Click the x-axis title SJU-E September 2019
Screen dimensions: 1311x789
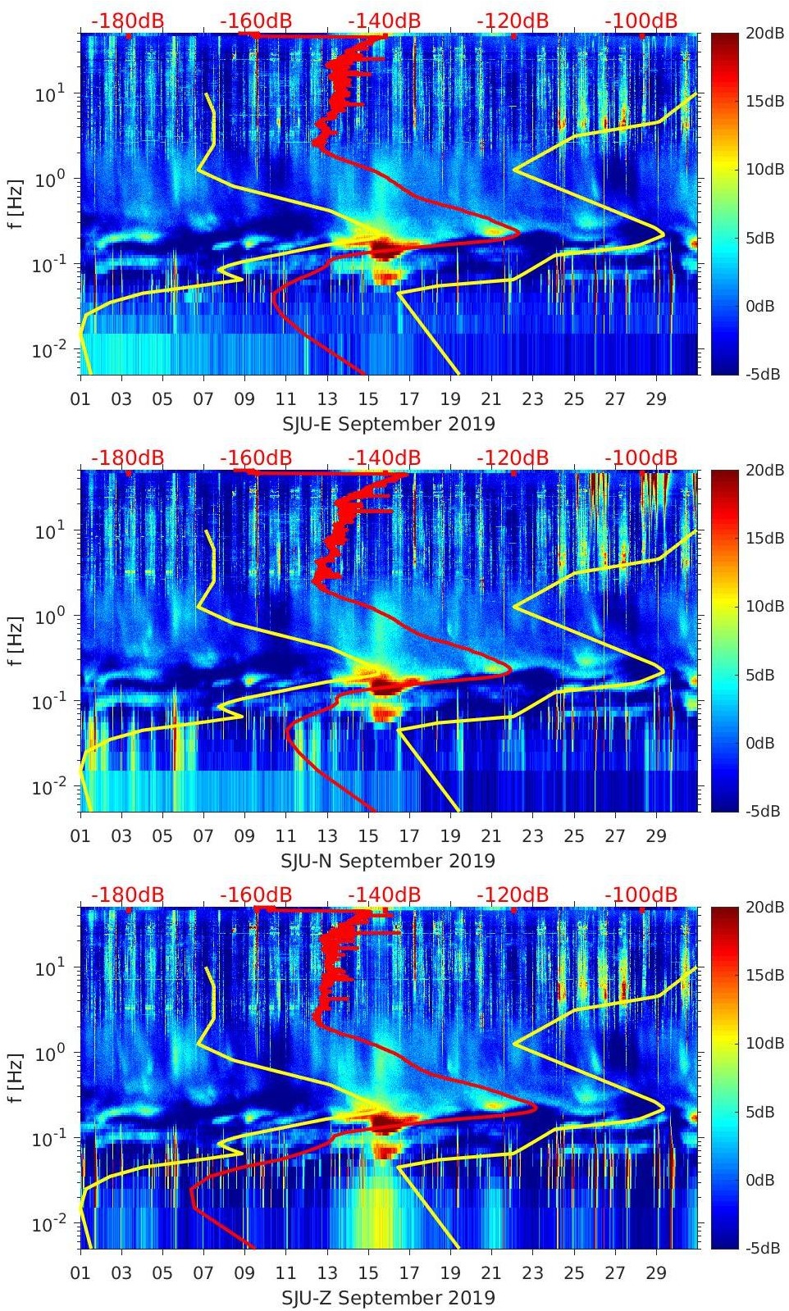(388, 424)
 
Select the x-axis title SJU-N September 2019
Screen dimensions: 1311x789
(388, 861)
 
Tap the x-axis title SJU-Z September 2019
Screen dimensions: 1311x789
(388, 1298)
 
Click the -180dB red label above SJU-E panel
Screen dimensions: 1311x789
(127, 21)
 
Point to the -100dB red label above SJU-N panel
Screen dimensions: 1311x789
(641, 458)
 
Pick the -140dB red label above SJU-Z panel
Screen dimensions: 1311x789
(384, 895)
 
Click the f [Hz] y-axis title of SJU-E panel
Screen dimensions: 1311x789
(17, 203)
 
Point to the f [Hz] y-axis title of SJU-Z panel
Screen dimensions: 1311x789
(17, 1077)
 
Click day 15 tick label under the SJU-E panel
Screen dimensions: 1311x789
(368, 399)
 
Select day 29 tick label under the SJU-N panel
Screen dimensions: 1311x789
(656, 836)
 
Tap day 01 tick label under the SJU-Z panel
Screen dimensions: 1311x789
(80, 1273)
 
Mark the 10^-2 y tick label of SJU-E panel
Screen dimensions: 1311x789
(48, 350)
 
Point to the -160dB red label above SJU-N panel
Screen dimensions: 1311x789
(256, 458)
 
